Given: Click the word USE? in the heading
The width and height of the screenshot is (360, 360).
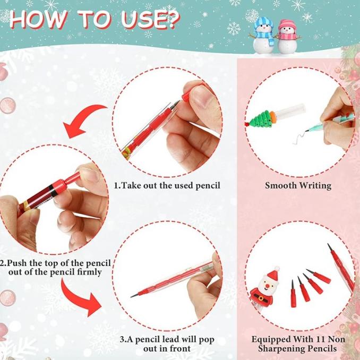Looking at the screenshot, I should coord(145,20).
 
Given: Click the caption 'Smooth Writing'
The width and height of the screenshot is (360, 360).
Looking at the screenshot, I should coord(298,186).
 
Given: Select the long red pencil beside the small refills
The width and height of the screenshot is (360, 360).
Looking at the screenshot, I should coord(340,269).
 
